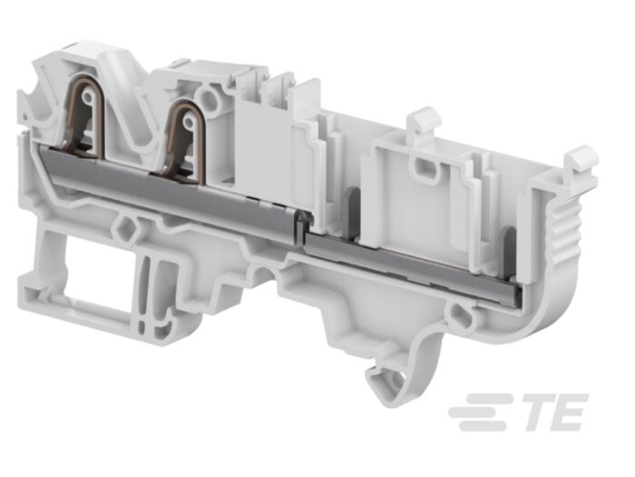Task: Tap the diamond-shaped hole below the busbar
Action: (123, 223)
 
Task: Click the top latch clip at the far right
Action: (581, 161)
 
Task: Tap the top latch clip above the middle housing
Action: (423, 121)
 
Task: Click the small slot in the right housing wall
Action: (423, 167)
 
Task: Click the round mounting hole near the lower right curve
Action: (464, 317)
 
